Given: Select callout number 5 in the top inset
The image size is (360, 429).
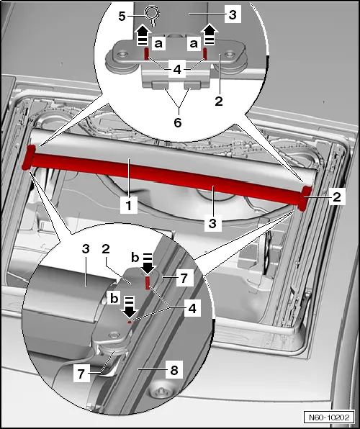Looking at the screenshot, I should coord(122,14).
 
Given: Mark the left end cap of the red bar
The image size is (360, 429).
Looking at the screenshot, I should coord(30,158).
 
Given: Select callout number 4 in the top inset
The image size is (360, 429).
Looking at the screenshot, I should coord(176,71).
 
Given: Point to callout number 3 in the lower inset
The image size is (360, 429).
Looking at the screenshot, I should coord(86,250).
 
